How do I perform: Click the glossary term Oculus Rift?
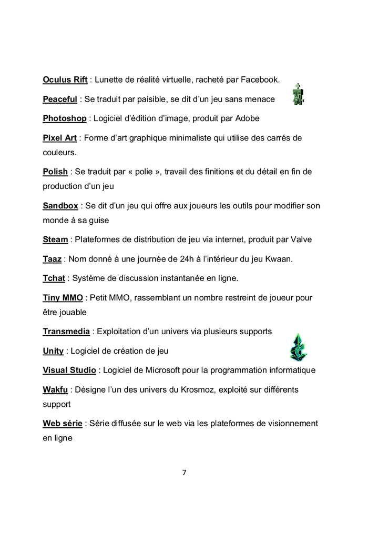(65, 80)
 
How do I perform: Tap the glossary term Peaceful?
(60, 99)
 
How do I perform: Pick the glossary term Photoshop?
(64, 118)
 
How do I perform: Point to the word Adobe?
(248, 118)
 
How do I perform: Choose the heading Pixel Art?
(59, 138)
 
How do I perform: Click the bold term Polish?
(55, 172)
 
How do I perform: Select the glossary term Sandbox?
(60, 206)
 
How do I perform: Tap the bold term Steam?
(55, 239)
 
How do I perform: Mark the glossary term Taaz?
(52, 259)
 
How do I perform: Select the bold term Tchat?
(54, 278)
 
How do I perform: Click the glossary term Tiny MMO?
(63, 297)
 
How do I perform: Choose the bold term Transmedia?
(67, 332)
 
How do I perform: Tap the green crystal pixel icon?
(298, 347)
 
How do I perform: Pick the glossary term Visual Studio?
(69, 370)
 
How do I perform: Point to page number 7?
(184, 473)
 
